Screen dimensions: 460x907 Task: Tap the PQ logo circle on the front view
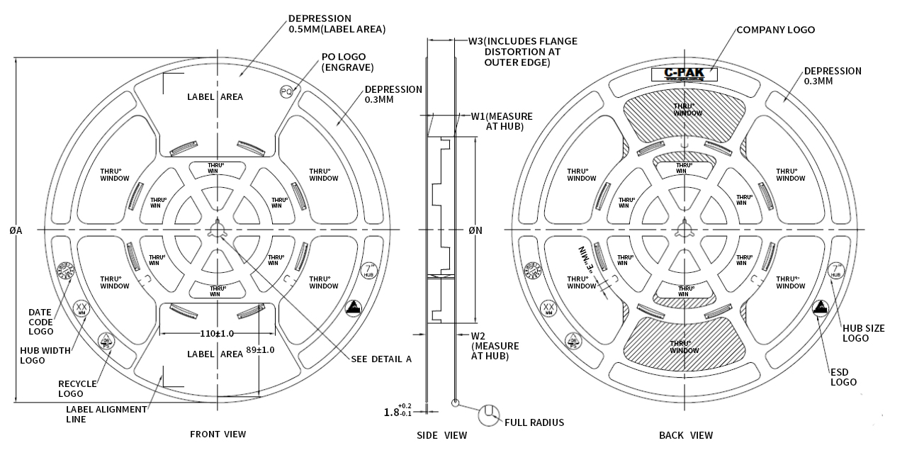coord(286,91)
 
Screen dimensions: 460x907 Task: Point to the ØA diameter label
coord(15,230)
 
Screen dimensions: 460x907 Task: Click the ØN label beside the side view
coord(475,230)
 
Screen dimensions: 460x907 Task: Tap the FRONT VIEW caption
coord(218,434)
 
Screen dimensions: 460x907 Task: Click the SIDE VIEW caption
coord(441,435)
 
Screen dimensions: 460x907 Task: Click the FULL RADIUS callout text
coord(534,422)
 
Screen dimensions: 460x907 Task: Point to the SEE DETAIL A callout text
coord(381,359)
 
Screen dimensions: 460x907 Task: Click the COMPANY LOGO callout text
coord(775,30)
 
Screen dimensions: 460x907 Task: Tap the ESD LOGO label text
coord(844,376)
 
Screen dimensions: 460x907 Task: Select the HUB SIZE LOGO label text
coord(864,333)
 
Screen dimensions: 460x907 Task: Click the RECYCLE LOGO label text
coord(77,388)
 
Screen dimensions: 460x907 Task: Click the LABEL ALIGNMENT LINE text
coord(106,414)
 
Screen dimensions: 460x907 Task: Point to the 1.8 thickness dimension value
coord(392,412)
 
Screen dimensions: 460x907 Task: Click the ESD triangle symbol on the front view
coord(353,308)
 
